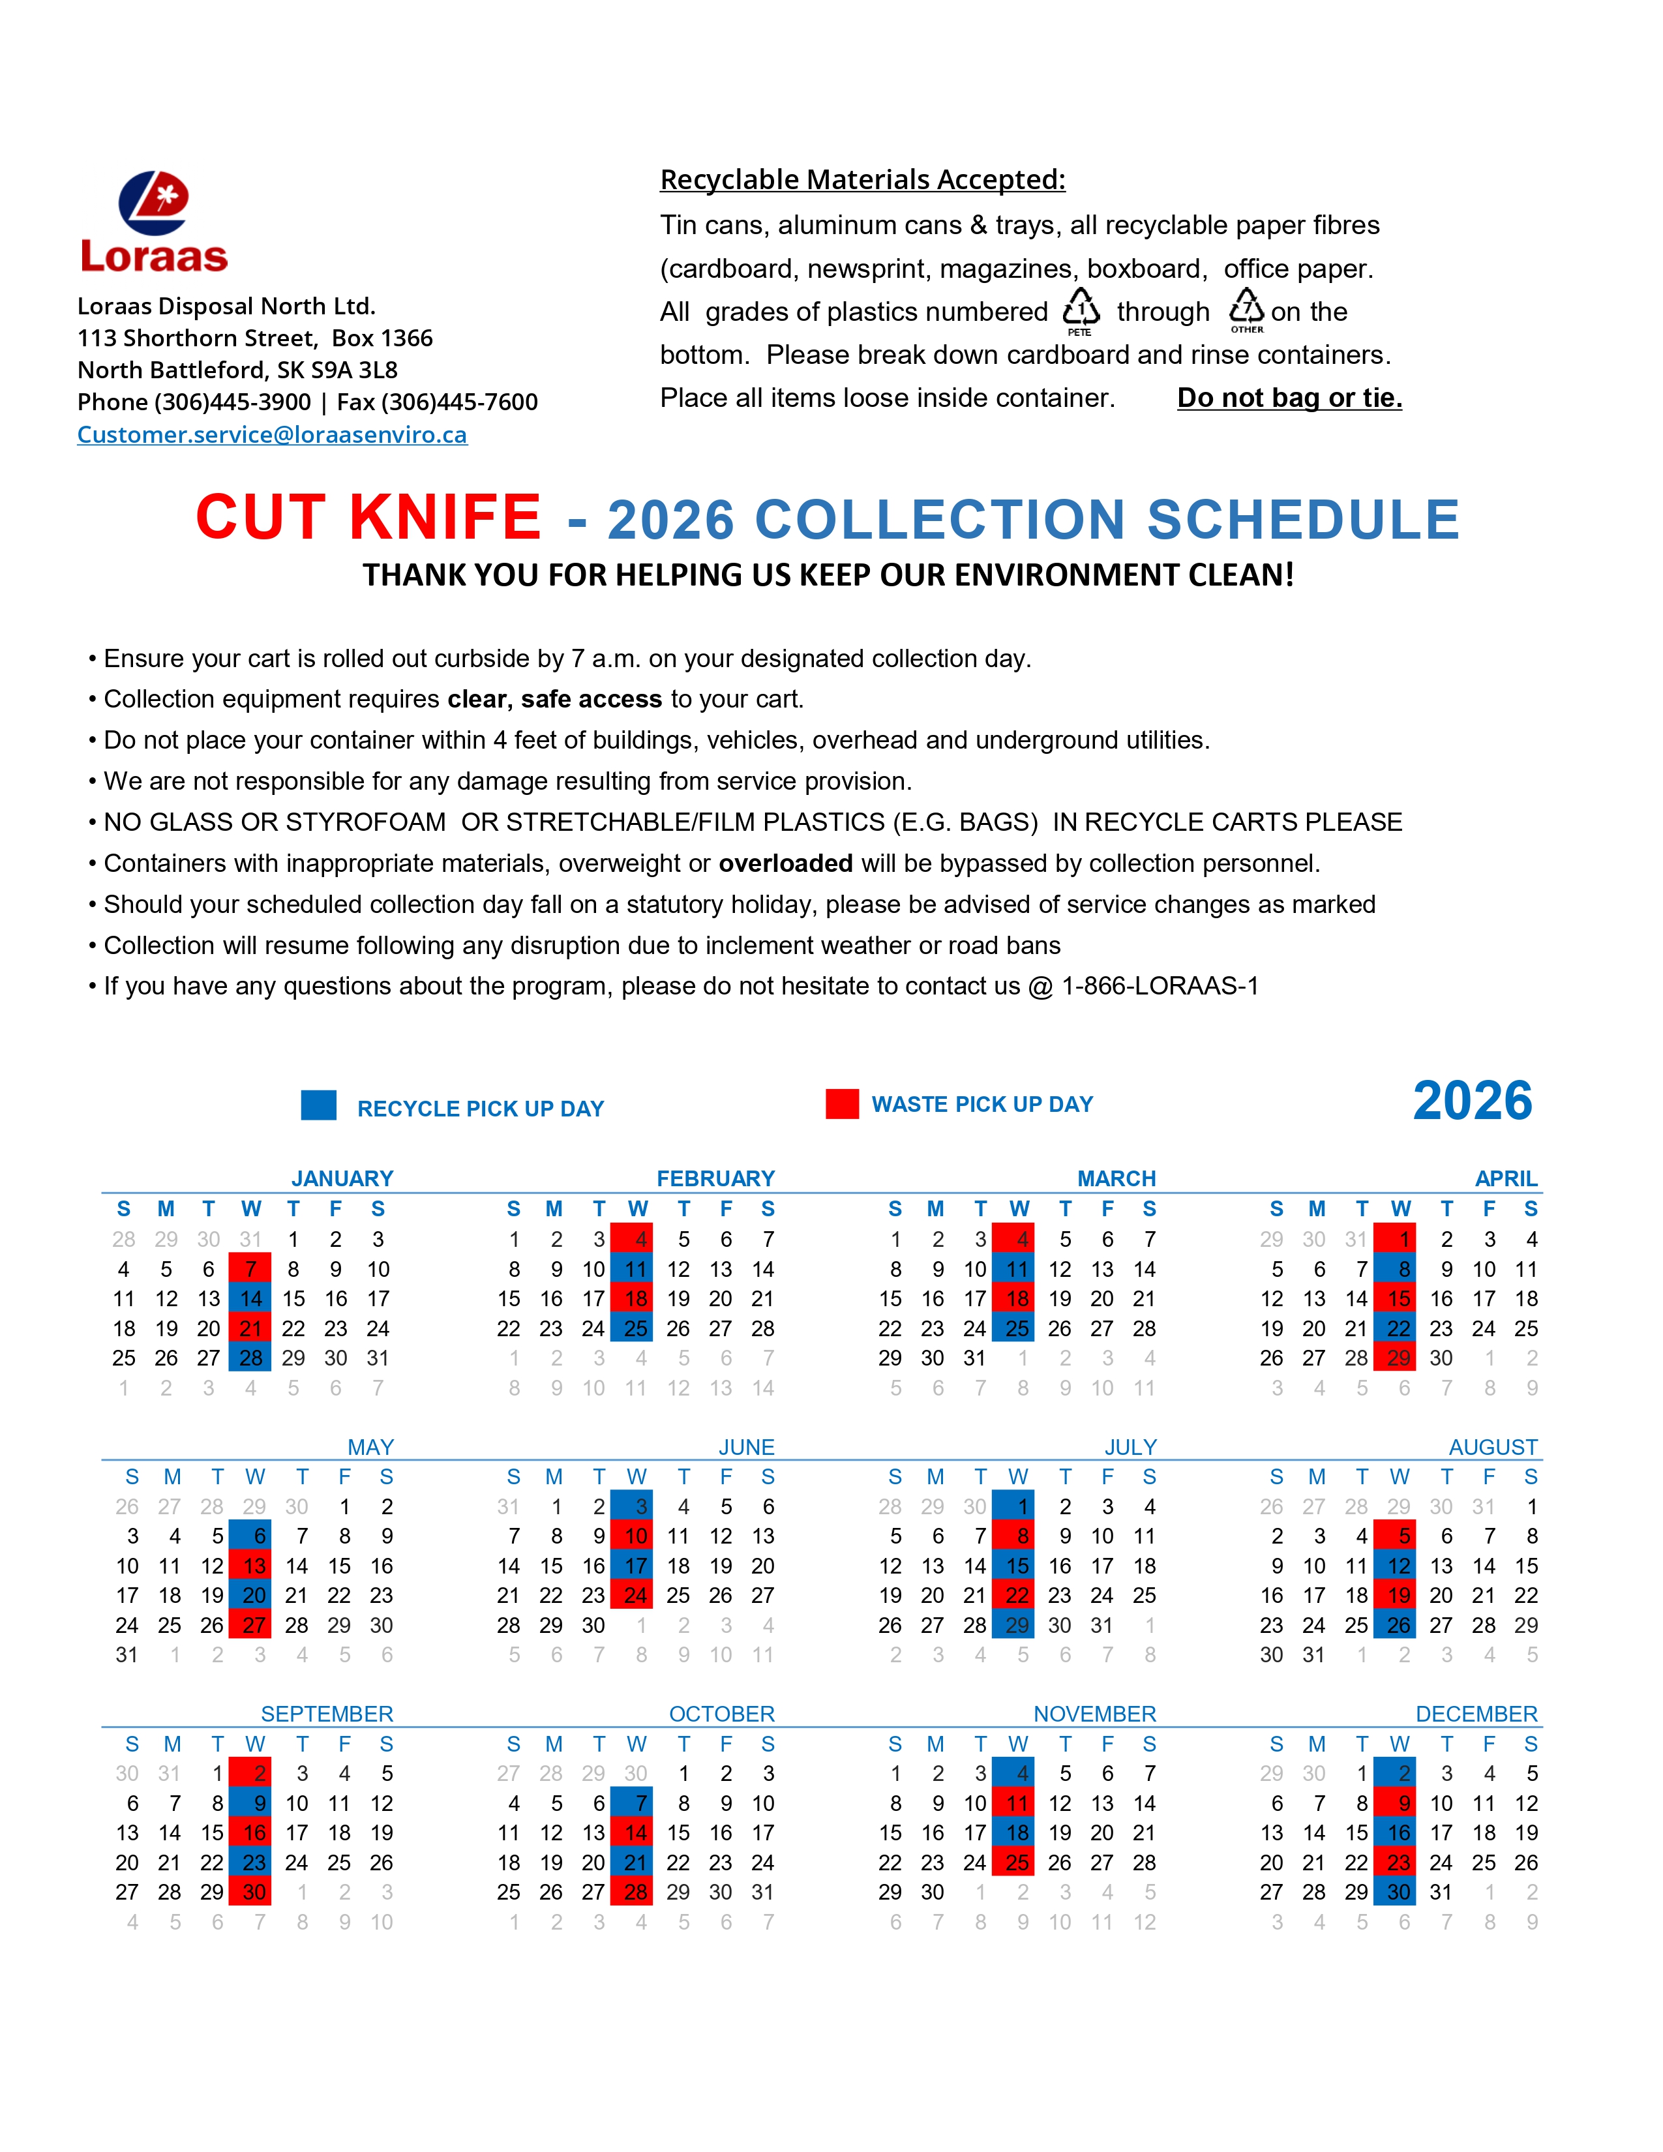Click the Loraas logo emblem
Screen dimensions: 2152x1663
(154, 203)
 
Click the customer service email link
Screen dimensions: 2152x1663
(272, 434)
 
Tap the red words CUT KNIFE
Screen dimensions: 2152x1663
(368, 517)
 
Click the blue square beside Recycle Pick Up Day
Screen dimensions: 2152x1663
(318, 1105)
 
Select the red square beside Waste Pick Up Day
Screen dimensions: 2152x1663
(843, 1103)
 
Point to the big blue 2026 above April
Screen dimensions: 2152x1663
(1472, 1101)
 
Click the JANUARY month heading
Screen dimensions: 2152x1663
(342, 1178)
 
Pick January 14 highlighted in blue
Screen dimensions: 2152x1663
(250, 1298)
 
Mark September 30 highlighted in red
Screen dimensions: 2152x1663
(252, 1892)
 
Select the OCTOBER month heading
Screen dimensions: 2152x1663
(721, 1714)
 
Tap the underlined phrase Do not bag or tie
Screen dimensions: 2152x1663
(1289, 397)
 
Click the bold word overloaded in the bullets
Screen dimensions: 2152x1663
(785, 863)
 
